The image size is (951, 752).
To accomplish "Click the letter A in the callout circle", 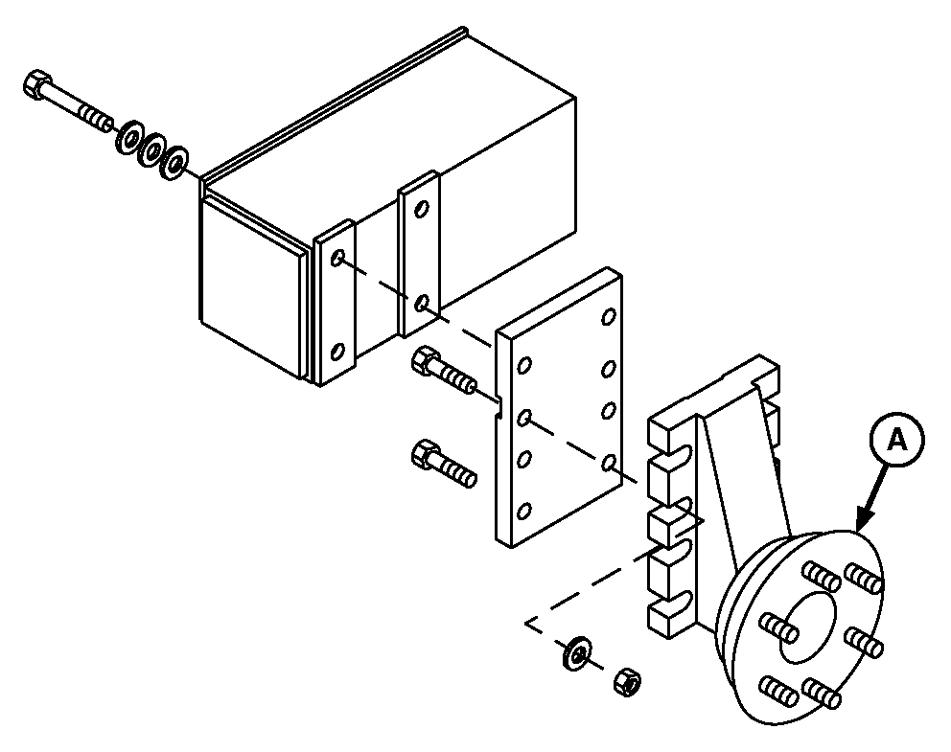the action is click(x=897, y=441).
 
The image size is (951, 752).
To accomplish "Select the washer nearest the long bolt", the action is click(x=129, y=138).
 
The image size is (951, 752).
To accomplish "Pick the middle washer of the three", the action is click(x=151, y=149).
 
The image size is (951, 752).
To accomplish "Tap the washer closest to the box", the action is click(x=175, y=162).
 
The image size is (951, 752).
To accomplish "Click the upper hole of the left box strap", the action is click(x=337, y=258).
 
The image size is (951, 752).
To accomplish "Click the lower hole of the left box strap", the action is click(x=337, y=352).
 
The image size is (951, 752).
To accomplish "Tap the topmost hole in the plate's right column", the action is click(x=609, y=317).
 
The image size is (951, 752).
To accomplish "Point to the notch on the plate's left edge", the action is click(x=499, y=406).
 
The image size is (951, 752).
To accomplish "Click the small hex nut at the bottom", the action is click(x=628, y=682).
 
